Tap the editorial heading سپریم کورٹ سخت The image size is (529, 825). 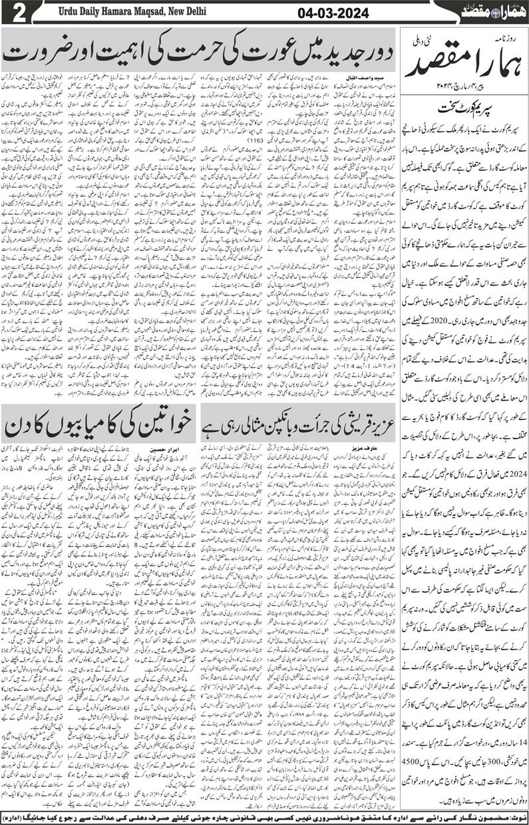tap(464, 106)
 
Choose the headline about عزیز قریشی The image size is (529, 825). tap(299, 426)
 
